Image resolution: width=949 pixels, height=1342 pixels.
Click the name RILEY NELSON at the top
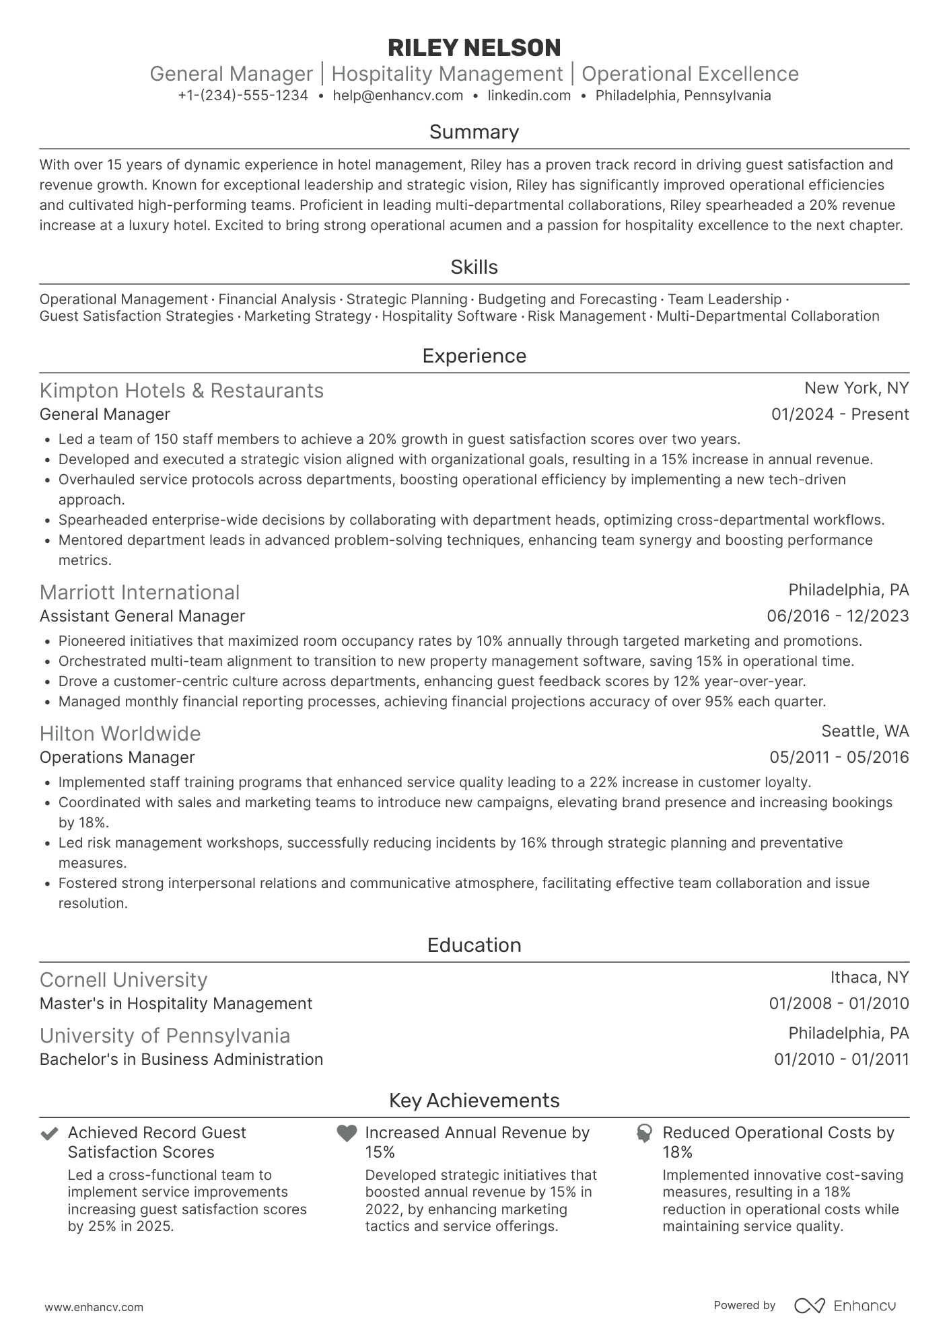point(474,48)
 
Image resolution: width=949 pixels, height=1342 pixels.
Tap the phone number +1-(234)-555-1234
point(243,96)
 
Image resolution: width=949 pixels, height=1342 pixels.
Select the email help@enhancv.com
point(398,96)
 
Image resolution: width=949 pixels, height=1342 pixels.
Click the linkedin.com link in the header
point(529,96)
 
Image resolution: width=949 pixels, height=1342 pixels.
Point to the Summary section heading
point(474,132)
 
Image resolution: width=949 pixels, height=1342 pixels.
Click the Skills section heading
point(474,267)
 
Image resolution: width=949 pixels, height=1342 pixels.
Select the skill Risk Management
point(586,316)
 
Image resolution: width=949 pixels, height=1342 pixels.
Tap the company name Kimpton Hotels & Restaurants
point(182,391)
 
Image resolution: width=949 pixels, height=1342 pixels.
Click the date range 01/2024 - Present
point(839,414)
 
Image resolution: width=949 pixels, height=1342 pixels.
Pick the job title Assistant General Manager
point(142,616)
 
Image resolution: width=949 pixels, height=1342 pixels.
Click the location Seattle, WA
point(865,731)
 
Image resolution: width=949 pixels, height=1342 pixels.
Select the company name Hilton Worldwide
point(120,733)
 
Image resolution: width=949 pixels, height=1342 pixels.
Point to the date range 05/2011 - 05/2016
point(839,757)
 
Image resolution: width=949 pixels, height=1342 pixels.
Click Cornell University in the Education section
point(123,979)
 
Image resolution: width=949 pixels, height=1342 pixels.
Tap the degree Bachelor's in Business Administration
point(181,1059)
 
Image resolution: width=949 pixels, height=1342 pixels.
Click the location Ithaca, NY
point(869,977)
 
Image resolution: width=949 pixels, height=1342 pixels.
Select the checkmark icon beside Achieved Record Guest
point(48,1133)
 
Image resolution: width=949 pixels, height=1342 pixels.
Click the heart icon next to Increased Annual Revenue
point(346,1133)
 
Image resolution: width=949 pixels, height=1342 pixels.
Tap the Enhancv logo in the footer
point(845,1306)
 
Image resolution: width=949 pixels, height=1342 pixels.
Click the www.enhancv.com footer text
point(94,1307)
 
